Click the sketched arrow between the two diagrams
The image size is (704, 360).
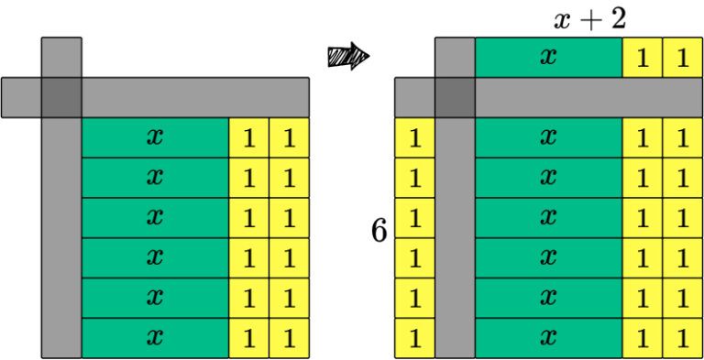coord(347,57)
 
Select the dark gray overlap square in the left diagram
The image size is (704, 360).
coord(61,97)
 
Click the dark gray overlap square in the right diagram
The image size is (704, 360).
coord(455,97)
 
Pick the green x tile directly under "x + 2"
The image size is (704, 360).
coord(548,57)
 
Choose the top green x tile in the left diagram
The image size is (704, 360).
coord(155,137)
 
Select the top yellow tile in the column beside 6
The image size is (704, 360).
coord(414,137)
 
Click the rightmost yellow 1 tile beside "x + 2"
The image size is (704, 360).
coord(681,57)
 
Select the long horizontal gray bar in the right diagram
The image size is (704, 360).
coord(587,97)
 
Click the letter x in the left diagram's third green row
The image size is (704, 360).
coord(155,218)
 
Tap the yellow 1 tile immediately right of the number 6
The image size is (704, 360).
coord(414,218)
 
